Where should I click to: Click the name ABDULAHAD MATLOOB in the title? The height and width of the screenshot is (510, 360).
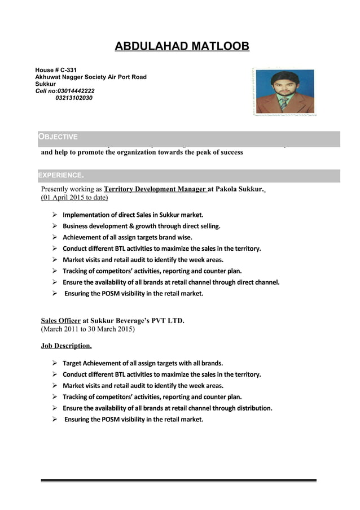(x=182, y=46)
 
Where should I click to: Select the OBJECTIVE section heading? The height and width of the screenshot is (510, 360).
(x=58, y=137)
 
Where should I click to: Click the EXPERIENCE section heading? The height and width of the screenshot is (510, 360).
(x=61, y=175)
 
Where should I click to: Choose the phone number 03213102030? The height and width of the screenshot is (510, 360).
(x=74, y=98)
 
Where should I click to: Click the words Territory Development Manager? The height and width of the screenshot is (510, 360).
(x=155, y=189)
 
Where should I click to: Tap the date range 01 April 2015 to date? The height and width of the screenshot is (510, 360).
(x=74, y=198)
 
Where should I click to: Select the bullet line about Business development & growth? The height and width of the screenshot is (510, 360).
(x=141, y=226)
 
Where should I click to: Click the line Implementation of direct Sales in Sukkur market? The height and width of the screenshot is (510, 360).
(x=133, y=215)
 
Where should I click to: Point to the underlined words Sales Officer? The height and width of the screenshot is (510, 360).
(x=61, y=321)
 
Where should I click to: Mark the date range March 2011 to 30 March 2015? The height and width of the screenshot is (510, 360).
(x=88, y=329)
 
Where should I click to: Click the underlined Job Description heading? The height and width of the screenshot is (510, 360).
(x=66, y=345)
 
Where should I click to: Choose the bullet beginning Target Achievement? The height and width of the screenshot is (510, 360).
(x=142, y=363)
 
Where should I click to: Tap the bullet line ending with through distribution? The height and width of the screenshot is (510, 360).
(x=167, y=408)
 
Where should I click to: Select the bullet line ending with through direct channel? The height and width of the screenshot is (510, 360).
(x=170, y=282)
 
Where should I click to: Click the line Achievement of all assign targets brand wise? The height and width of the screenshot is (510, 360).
(x=127, y=237)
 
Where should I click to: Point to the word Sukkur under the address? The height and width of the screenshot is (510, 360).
(x=46, y=84)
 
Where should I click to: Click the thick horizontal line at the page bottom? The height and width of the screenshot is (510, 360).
(x=178, y=481)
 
